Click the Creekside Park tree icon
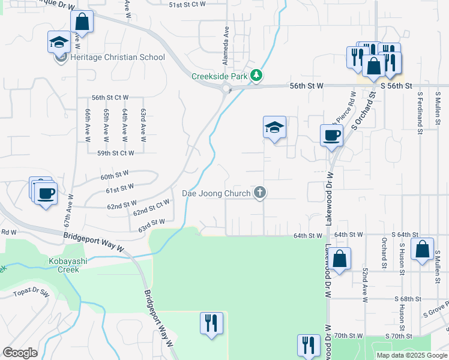pyautogui.click(x=257, y=76)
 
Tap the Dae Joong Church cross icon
pyautogui.click(x=260, y=193)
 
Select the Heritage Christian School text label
pyautogui.click(x=117, y=58)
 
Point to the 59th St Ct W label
pyautogui.click(x=116, y=153)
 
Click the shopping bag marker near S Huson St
pyautogui.click(x=422, y=248)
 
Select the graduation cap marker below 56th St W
pyautogui.click(x=274, y=127)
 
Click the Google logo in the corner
pyautogui.click(x=20, y=353)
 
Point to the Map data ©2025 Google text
pyautogui.click(x=412, y=355)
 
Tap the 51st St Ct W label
pyautogui.click(x=187, y=4)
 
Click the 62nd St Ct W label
pyautogui.click(x=151, y=208)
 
